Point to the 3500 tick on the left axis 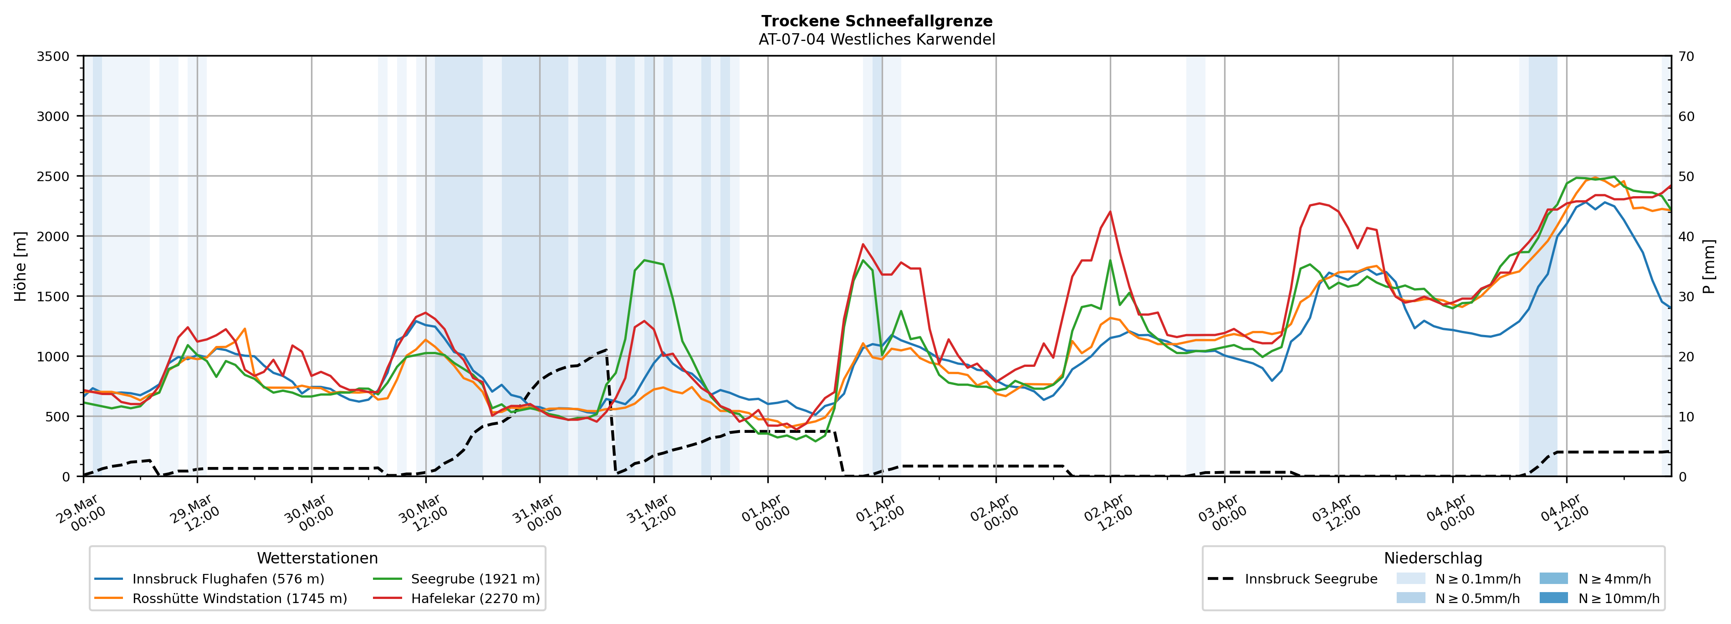pyautogui.click(x=53, y=56)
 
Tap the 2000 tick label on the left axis pyautogui.click(x=53, y=236)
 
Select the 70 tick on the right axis pyautogui.click(x=1686, y=56)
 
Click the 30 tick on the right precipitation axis pyautogui.click(x=1686, y=296)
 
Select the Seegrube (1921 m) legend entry pyautogui.click(x=475, y=579)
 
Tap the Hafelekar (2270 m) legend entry pyautogui.click(x=475, y=599)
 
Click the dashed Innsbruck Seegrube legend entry pyautogui.click(x=1310, y=579)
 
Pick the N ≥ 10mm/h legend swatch pyautogui.click(x=1553, y=598)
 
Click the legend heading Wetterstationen pyautogui.click(x=317, y=558)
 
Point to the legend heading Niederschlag pyautogui.click(x=1433, y=558)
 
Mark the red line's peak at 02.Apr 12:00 pyautogui.click(x=1110, y=212)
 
